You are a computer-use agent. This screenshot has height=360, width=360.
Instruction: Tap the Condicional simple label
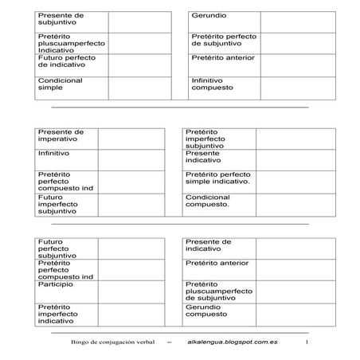[x=60, y=85]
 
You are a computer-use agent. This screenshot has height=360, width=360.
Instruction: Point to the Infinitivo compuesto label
[x=213, y=85]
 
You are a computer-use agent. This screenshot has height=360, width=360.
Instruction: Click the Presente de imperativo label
[x=61, y=136]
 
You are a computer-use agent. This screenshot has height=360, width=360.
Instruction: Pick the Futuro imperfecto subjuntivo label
[x=57, y=205]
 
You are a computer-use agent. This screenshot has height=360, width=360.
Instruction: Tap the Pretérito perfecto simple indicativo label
[x=217, y=178]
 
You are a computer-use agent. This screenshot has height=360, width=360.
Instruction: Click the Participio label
[x=54, y=284]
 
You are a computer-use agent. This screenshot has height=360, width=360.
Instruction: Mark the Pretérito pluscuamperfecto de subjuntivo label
[x=219, y=290]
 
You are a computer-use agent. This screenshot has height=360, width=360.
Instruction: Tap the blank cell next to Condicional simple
[x=139, y=88]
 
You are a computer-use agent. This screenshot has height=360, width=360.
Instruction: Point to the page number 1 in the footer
[x=307, y=342]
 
